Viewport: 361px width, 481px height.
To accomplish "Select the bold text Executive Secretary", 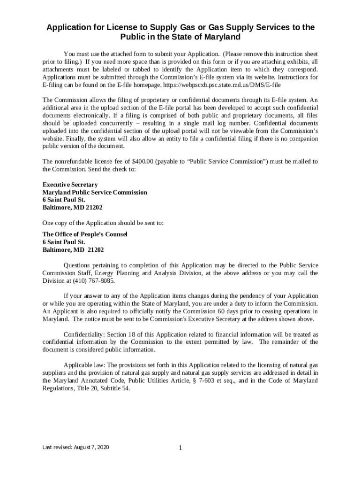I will point(70,185).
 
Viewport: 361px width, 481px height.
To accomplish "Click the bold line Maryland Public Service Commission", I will point(95,193).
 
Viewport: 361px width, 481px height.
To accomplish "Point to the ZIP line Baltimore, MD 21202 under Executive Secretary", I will point(73,207).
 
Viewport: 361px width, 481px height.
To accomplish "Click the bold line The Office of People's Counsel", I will point(85,234).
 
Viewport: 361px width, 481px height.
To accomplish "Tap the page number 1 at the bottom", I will point(180,448).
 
